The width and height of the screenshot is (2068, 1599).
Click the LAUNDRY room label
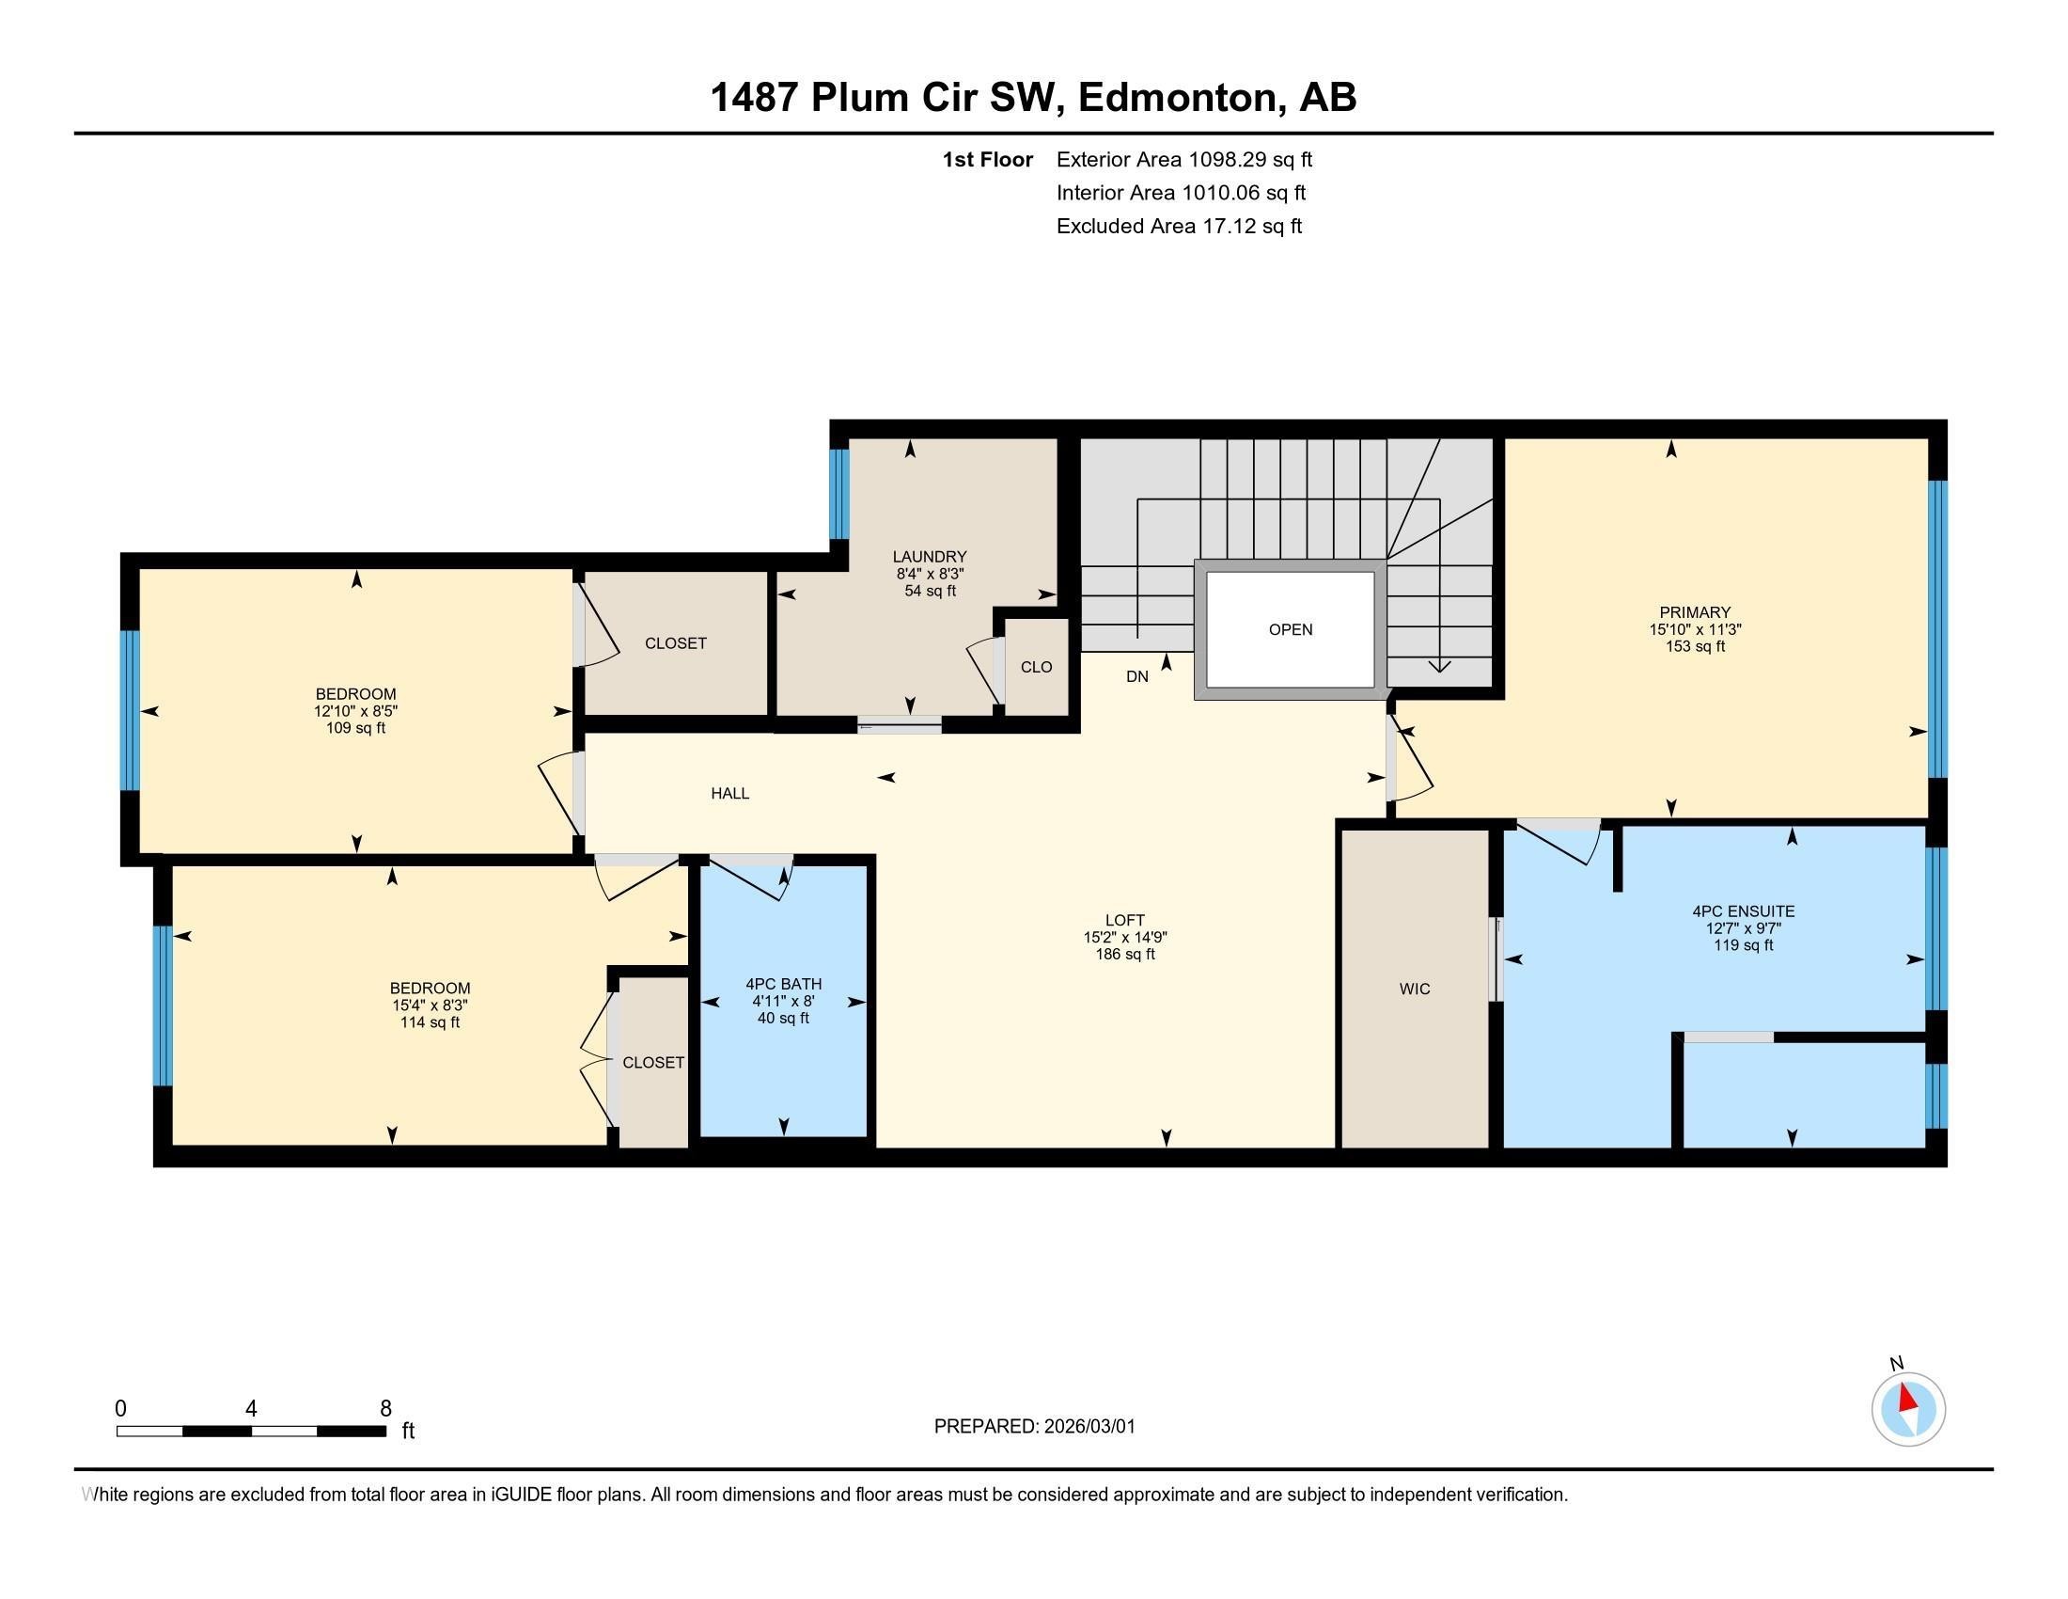[929, 556]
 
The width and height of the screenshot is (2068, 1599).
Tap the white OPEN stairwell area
[1290, 629]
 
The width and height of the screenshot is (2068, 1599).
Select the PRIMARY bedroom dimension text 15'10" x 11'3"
[1694, 629]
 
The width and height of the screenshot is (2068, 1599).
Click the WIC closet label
[1414, 989]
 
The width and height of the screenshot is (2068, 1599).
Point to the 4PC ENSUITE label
[1743, 911]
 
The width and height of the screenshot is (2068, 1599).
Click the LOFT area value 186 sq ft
[1125, 954]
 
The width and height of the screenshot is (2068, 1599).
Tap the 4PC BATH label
[783, 984]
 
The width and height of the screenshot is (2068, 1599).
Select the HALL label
[730, 794]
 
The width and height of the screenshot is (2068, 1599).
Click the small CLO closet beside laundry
[1036, 667]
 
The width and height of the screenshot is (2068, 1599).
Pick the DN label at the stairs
[1137, 676]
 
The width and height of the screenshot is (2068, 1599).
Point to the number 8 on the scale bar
[385, 1409]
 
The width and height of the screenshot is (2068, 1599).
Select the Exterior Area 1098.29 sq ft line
[1183, 159]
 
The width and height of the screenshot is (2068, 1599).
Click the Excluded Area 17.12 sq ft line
[1179, 226]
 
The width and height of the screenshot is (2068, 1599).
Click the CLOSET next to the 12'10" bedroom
[675, 643]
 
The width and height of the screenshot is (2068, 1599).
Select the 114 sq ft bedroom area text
[430, 1022]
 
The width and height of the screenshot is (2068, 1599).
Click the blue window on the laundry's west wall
[838, 494]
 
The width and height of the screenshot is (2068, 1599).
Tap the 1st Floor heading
[987, 159]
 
